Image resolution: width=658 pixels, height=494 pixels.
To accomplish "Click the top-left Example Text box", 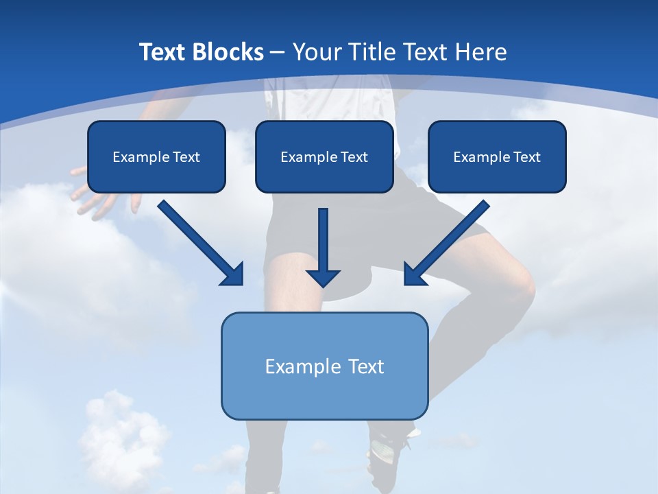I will [x=156, y=156].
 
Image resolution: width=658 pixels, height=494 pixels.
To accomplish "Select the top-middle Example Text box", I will [x=324, y=156].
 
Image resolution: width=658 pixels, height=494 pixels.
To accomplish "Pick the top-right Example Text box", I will [x=497, y=156].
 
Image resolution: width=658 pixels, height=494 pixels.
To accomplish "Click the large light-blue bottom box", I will [x=324, y=366].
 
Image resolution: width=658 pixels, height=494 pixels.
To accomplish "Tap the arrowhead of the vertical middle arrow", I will [x=323, y=277].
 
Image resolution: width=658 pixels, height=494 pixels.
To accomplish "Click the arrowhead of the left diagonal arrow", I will [x=233, y=274].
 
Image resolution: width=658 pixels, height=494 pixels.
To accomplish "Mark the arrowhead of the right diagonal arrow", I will [x=414, y=274].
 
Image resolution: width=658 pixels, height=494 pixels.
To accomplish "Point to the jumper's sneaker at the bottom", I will [x=387, y=449].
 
